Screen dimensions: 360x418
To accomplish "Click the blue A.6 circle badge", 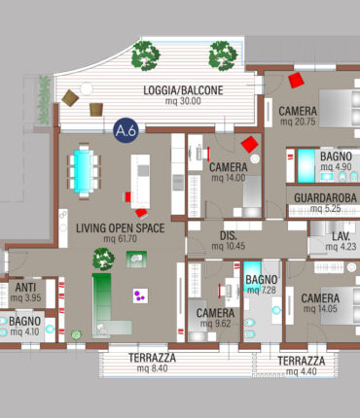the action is tap(126, 130).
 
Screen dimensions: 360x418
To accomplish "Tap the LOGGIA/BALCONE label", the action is tap(183, 90).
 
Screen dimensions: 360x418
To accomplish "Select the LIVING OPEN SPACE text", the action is tap(121, 228).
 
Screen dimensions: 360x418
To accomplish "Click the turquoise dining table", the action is tap(84, 171).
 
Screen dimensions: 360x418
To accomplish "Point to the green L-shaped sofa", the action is tap(107, 308).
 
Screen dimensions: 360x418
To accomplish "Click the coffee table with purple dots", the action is tap(140, 296).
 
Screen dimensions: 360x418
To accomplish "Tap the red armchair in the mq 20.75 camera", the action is tap(296, 80).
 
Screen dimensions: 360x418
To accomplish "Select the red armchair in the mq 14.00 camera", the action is tap(249, 144).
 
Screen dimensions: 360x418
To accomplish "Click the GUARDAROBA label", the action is tap(325, 197).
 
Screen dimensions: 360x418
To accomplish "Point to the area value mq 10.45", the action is tap(229, 246).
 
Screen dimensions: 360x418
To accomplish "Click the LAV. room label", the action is tap(341, 236).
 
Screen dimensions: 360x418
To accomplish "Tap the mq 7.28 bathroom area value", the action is tap(262, 290).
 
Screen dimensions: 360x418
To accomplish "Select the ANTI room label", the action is tap(25, 288).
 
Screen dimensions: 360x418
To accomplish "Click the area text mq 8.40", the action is tap(152, 368).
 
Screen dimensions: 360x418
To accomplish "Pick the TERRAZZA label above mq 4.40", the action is tap(302, 361).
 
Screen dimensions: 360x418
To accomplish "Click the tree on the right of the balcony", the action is tap(223, 55).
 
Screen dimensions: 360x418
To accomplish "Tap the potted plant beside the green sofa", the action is tap(104, 259).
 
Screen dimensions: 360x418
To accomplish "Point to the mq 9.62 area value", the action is tap(215, 324).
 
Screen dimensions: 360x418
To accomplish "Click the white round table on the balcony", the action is tap(87, 88).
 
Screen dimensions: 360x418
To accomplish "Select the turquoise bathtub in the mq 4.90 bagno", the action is tap(306, 165).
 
